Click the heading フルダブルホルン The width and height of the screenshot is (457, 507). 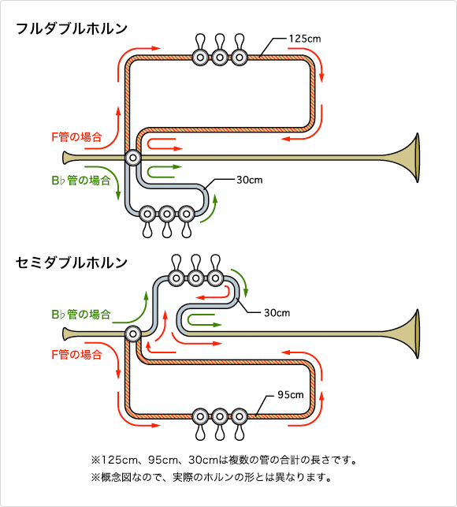pyautogui.click(x=72, y=28)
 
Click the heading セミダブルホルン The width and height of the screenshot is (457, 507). pyautogui.click(x=72, y=263)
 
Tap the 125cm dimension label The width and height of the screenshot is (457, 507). pyautogui.click(x=305, y=39)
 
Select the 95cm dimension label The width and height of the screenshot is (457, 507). pyautogui.click(x=291, y=395)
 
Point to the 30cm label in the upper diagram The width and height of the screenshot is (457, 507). pyautogui.click(x=250, y=180)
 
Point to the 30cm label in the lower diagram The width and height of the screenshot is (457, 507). pyautogui.click(x=277, y=313)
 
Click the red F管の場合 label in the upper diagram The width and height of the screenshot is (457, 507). pyautogui.click(x=76, y=137)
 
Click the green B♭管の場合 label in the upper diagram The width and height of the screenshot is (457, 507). pyautogui.click(x=81, y=180)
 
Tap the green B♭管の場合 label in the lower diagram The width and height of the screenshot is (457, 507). pyautogui.click(x=81, y=314)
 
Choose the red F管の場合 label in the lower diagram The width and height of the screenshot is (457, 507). pyautogui.click(x=76, y=355)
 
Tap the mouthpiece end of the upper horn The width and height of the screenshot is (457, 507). pyautogui.click(x=65, y=158)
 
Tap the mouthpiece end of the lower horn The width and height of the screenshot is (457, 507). pyautogui.click(x=65, y=334)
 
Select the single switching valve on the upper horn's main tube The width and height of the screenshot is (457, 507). pyautogui.click(x=133, y=158)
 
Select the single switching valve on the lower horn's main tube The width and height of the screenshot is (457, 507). pyautogui.click(x=133, y=334)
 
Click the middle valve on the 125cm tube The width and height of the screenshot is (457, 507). pyautogui.click(x=220, y=58)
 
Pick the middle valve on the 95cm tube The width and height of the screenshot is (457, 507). pyautogui.click(x=220, y=416)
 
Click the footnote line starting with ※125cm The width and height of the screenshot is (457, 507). pyautogui.click(x=224, y=460)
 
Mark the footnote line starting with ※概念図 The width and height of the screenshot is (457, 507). pyautogui.click(x=211, y=477)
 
